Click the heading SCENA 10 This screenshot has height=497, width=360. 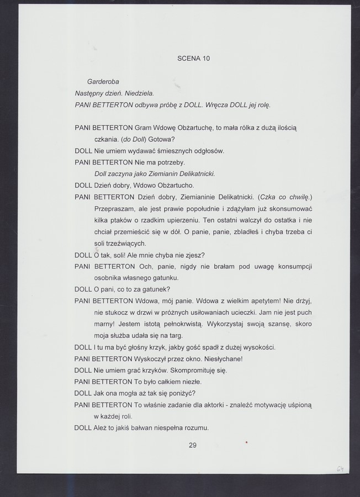[193, 58]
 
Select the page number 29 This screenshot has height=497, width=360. [193, 445]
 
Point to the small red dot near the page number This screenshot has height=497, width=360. [247, 442]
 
